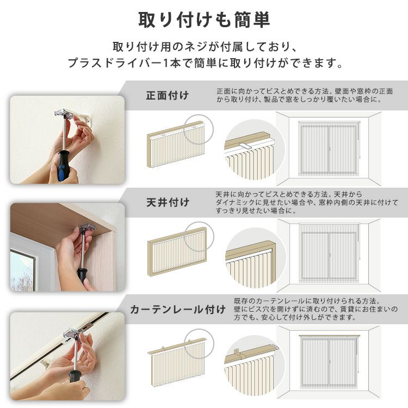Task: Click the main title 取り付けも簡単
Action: (204, 20)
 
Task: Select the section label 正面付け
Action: (168, 96)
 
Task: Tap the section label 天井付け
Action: (168, 202)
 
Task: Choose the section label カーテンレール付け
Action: (178, 310)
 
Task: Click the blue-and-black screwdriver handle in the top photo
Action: (64, 165)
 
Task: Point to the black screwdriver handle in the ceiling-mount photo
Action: (82, 275)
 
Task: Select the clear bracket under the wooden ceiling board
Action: (86, 228)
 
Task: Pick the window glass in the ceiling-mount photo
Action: (22, 270)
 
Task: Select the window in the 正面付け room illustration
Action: (329, 150)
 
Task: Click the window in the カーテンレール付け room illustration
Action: (329, 362)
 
